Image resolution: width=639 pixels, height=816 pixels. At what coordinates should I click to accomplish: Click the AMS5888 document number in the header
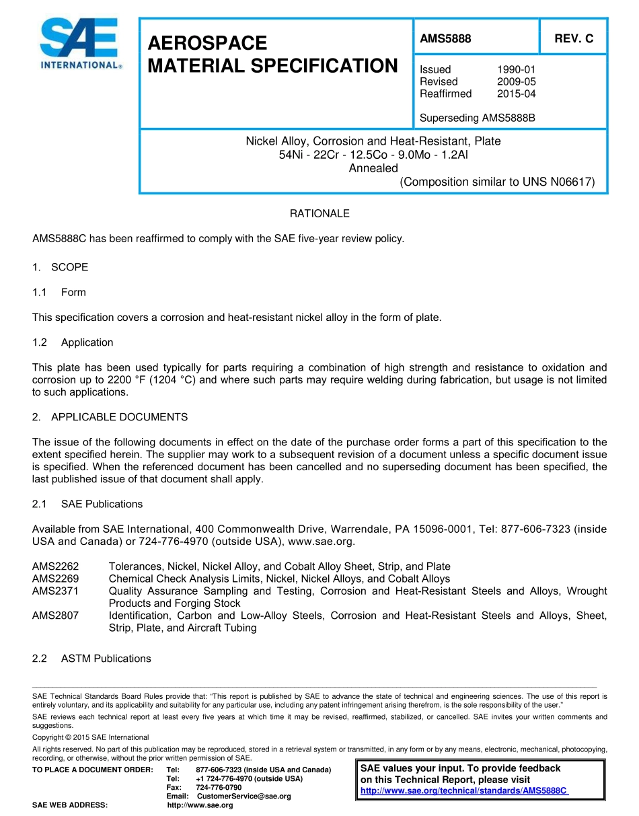445,39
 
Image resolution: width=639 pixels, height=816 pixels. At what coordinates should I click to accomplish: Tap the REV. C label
574,39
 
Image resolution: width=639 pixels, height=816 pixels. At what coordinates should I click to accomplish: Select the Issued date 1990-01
516,69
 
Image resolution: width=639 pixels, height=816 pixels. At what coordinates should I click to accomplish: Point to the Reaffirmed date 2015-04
516,94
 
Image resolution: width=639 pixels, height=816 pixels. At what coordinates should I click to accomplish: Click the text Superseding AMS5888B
477,118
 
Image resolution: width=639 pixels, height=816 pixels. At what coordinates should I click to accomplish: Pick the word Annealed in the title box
373,168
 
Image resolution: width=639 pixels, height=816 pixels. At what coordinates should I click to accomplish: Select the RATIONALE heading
319,213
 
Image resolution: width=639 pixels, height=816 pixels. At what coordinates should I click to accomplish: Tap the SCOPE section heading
69,267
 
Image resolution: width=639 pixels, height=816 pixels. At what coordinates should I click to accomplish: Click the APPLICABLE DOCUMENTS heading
119,417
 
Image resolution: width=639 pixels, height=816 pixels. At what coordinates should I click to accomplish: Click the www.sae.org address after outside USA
320,542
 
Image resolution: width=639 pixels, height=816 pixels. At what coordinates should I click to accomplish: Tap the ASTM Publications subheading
106,659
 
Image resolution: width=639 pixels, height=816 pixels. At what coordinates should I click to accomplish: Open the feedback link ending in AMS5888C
464,790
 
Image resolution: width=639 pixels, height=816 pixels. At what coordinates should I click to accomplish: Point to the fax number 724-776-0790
219,787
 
